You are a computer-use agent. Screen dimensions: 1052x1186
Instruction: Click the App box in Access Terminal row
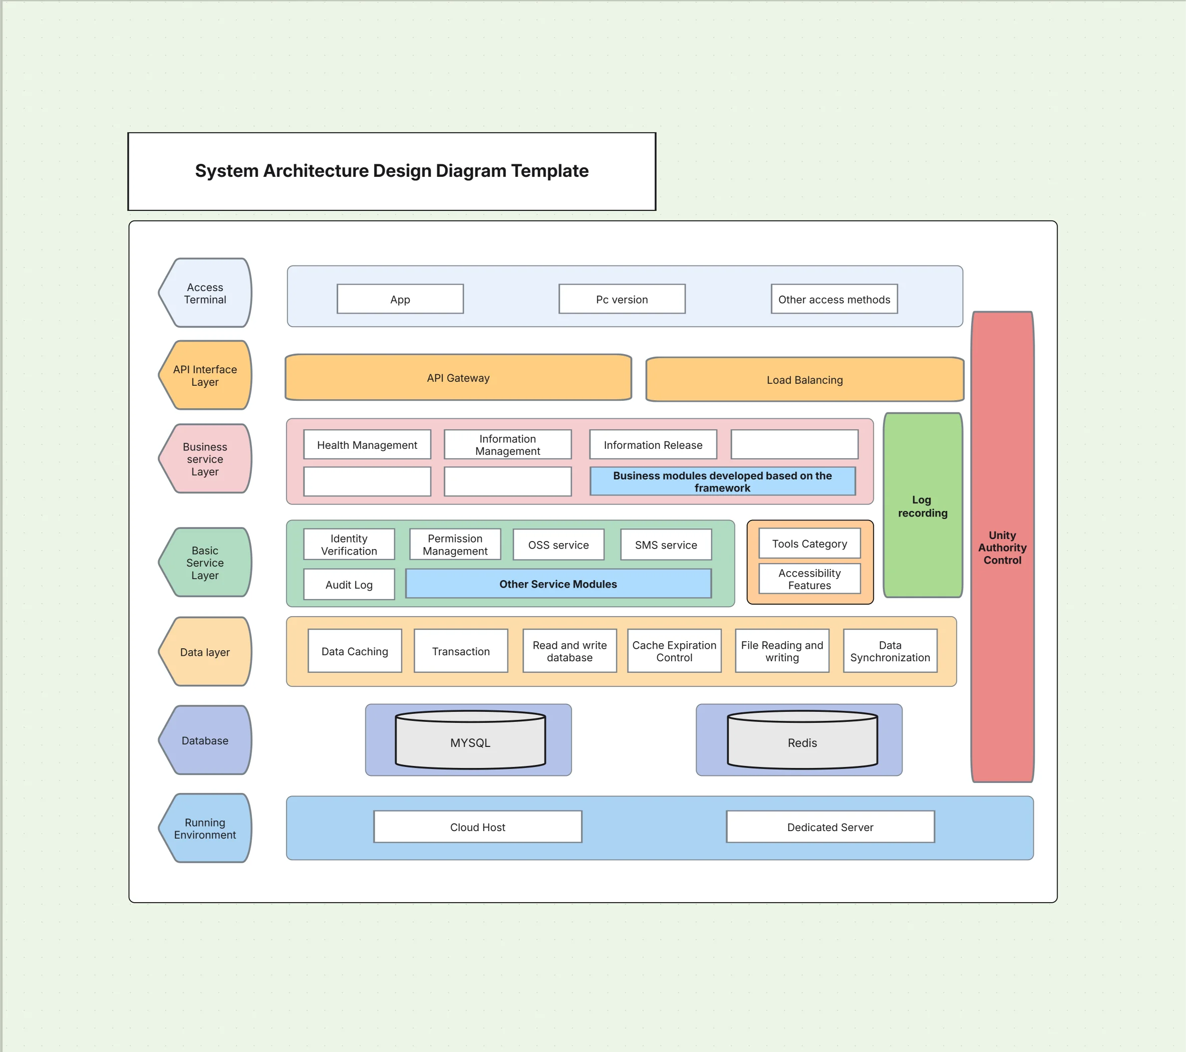(x=400, y=300)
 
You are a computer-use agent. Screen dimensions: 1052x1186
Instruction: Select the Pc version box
(x=622, y=300)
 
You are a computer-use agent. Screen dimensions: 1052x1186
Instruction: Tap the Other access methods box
(x=834, y=300)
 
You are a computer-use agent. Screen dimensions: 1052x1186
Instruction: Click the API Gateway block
(x=458, y=378)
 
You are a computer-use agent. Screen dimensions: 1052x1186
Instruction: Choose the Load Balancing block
(x=804, y=380)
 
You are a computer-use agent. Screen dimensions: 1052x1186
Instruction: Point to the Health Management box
(x=367, y=445)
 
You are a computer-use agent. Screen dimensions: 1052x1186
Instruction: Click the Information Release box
(x=653, y=445)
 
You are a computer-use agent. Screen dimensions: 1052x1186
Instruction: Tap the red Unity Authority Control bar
(x=1002, y=547)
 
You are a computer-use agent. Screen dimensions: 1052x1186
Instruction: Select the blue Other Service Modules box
(x=557, y=584)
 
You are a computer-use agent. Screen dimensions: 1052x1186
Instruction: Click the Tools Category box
(x=809, y=544)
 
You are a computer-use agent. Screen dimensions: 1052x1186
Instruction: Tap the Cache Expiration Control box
(x=674, y=651)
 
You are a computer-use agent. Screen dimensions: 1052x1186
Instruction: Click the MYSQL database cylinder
(x=470, y=743)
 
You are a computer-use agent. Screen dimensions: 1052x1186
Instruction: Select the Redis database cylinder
(x=802, y=743)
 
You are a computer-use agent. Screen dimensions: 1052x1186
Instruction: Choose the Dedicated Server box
(x=830, y=827)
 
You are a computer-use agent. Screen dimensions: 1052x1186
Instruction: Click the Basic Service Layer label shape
(x=205, y=562)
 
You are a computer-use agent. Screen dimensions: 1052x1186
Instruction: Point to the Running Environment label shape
(x=205, y=828)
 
